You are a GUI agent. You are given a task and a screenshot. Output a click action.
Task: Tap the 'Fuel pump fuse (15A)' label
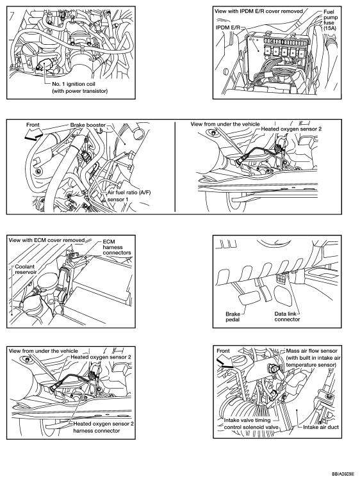coord(330,20)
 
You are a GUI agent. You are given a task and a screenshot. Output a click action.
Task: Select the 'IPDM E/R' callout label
coord(227,28)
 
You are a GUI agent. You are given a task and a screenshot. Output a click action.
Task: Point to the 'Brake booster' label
coord(88,125)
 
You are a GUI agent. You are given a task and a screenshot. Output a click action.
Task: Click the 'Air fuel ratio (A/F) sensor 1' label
coord(129,196)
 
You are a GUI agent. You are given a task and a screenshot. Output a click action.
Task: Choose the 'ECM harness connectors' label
coord(117,247)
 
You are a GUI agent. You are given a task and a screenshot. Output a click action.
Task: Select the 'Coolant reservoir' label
coord(26,269)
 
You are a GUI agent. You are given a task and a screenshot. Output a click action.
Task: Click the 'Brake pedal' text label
coord(233,317)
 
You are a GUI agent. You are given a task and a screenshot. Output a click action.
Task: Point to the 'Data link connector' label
coord(287,317)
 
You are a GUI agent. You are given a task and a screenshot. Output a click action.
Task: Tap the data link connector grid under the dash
coord(281,279)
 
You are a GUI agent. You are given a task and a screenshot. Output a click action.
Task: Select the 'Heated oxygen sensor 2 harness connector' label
coord(103,427)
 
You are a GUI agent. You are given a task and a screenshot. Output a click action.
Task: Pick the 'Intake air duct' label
coord(321,427)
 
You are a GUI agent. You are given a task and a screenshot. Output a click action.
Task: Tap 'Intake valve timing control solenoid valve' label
coord(251,424)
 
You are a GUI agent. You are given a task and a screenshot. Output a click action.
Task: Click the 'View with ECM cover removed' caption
coord(47,240)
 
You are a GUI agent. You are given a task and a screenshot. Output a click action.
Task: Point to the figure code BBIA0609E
coord(343,474)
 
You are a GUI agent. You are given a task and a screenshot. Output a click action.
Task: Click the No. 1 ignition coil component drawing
coord(46,65)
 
